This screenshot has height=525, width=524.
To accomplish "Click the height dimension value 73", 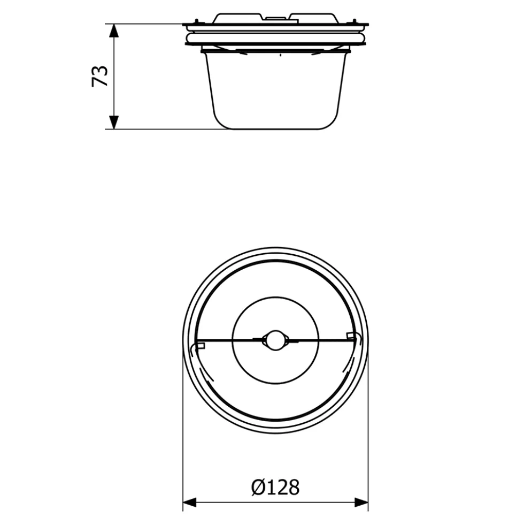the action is [x=100, y=77].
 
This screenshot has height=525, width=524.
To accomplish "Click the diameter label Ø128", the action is [x=275, y=488].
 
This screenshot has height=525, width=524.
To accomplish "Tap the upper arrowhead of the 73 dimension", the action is [x=114, y=31].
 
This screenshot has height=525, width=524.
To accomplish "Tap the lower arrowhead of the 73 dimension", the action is [x=114, y=122].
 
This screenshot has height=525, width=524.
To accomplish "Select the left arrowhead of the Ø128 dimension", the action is [x=189, y=502].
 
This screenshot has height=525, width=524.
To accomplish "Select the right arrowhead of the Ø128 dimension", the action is [x=361, y=502].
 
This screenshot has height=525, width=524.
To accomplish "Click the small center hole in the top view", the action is [x=275, y=340].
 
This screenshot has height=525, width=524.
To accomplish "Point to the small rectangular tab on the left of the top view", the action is [x=200, y=346].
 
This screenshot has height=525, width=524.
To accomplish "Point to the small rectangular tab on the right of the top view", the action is [x=351, y=336].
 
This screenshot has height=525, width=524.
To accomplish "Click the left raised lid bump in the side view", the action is [x=237, y=18].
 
